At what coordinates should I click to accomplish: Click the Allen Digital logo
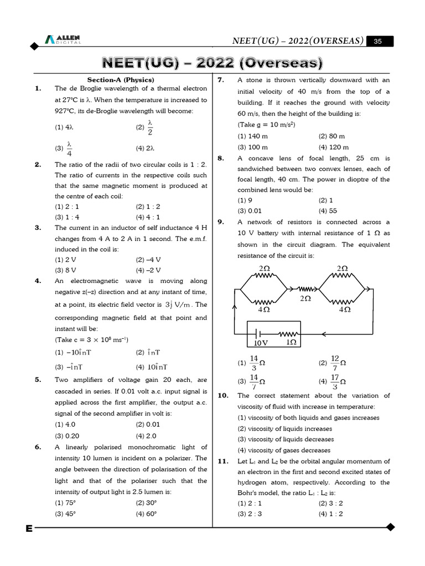[63, 39]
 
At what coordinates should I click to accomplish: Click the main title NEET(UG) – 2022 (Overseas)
[212, 62]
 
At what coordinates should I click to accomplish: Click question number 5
[38, 380]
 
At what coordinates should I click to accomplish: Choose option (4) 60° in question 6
[146, 513]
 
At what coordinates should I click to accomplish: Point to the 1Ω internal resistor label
[291, 342]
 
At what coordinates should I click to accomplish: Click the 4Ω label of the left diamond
[264, 310]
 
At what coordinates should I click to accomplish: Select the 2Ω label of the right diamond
[343, 268]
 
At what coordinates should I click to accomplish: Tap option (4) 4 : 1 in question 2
[148, 217]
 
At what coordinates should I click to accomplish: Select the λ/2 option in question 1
[146, 127]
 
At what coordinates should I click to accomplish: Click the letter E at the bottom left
[29, 529]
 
